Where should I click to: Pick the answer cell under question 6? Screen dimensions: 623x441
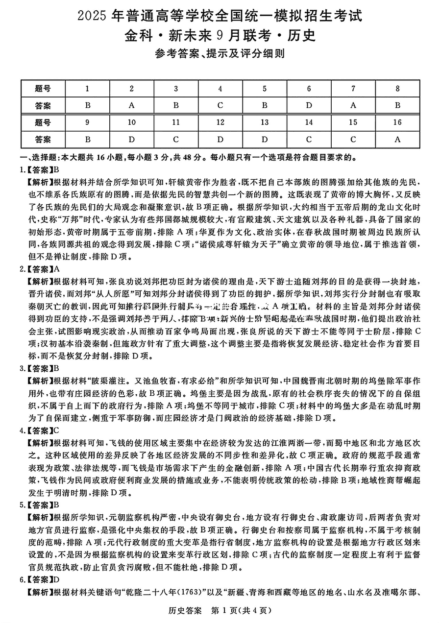click(309, 105)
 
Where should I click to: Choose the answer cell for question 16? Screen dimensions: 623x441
click(397, 139)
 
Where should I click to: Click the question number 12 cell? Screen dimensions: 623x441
click(220, 122)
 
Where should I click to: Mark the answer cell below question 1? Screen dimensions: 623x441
click(87, 105)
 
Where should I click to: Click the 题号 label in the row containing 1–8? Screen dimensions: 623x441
click(43, 89)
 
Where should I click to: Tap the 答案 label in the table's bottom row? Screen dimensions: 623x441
click(43, 139)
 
